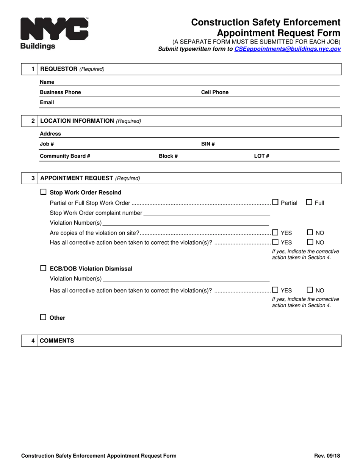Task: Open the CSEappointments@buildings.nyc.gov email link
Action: (287, 49)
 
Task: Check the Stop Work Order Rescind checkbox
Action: (43, 192)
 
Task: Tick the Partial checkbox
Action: (275, 202)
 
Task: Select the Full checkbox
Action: (309, 202)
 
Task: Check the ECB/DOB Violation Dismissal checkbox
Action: (43, 268)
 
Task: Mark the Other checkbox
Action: (43, 317)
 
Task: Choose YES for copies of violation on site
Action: (275, 232)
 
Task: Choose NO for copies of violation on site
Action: (310, 232)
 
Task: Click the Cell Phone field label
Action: (214, 92)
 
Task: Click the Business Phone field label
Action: (60, 92)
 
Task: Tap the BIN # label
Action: (208, 144)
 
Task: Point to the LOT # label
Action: (261, 156)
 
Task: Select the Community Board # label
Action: (65, 156)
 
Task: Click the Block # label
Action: (168, 156)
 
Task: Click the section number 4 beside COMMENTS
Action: (33, 341)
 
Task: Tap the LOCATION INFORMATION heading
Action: (77, 121)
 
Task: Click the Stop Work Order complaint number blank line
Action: (207, 213)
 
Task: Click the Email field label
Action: (47, 102)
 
